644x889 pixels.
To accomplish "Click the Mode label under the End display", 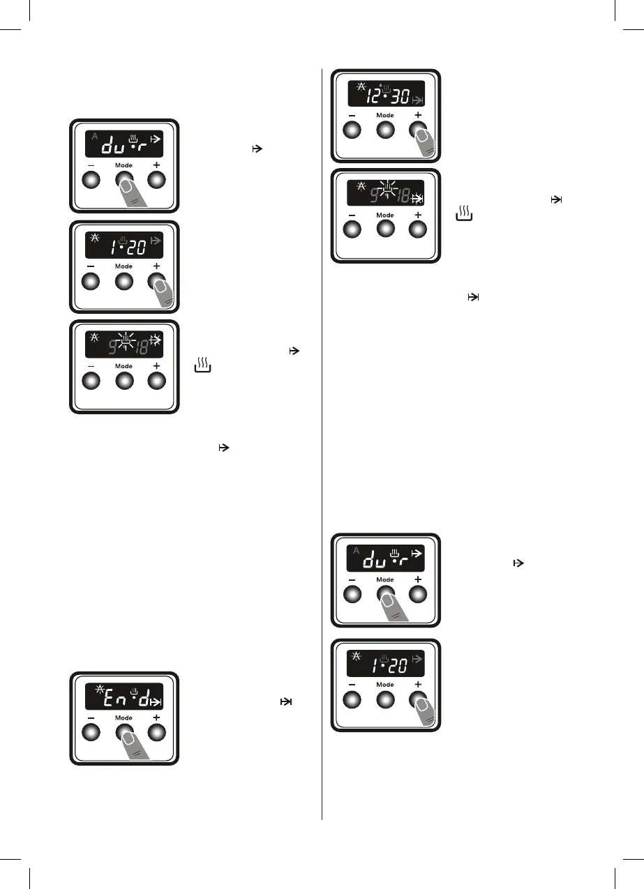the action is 123,717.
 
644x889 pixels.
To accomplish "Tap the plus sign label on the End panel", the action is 157,717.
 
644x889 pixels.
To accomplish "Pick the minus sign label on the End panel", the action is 90,717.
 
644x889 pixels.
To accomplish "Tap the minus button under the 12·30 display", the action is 352,130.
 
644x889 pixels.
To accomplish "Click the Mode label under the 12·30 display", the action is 385,115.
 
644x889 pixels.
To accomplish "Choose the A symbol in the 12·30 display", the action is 361,87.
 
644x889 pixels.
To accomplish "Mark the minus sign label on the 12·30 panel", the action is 352,115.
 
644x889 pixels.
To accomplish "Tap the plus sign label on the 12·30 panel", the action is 418,114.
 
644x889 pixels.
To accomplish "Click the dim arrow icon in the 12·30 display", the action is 417,102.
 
